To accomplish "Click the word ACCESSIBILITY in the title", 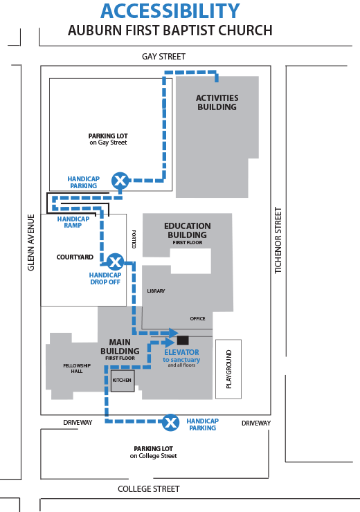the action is pos(170,11).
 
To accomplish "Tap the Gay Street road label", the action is pos(163,57).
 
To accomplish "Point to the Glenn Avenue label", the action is pos(31,243).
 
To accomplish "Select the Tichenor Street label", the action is pos(278,240).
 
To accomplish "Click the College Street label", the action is pos(149,488).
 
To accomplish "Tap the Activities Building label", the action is pos(217,102).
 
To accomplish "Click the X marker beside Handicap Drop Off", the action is pos(116,262).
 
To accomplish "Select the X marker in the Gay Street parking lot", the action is pos(120,181).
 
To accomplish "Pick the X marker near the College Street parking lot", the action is pos(170,423).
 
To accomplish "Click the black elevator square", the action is pos(183,340).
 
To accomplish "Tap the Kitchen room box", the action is pos(123,381).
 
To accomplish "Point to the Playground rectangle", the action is pos(228,369).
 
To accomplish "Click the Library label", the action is pos(156,291).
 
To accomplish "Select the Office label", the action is pos(197,319).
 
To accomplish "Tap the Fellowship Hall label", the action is pos(77,368).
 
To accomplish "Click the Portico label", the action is pos(134,239).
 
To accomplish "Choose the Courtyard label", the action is pos(75,257).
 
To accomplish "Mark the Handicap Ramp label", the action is pos(73,222).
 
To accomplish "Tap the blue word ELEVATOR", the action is pos(181,352).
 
